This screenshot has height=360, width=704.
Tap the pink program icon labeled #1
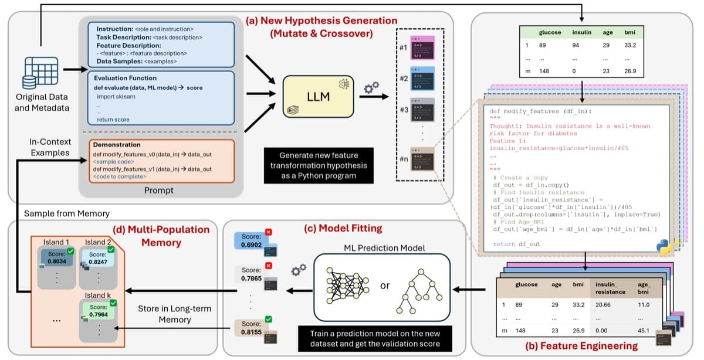422,46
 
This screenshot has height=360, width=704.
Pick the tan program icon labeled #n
422,159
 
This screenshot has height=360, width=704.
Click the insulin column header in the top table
581,32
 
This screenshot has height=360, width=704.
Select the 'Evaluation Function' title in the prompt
126,77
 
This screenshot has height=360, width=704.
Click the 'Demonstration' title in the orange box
117,144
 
